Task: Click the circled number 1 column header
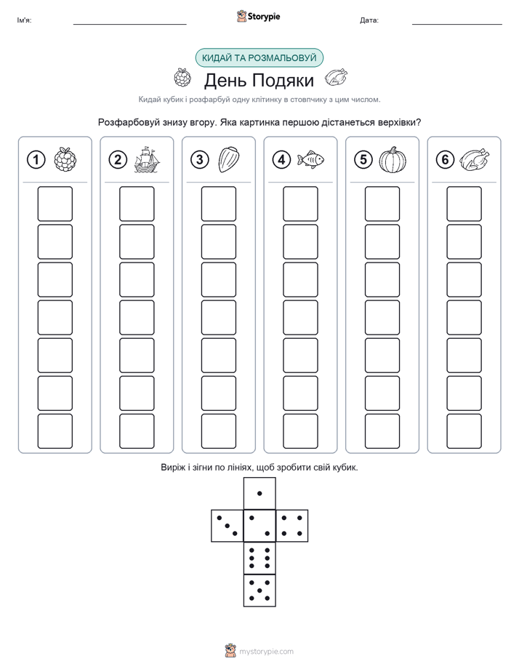coord(36,160)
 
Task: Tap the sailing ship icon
coord(146,159)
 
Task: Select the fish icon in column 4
coord(310,159)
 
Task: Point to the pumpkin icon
coord(393,160)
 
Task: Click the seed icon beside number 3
coord(229,160)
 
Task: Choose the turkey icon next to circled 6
coord(475,160)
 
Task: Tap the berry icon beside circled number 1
coord(65,160)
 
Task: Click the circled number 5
coord(363,160)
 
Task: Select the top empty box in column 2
coord(137,204)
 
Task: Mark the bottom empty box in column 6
coord(464,431)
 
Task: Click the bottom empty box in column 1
coord(55,431)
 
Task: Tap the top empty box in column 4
coord(301,204)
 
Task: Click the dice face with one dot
coord(259,493)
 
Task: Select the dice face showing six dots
coord(259,558)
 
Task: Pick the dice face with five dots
coord(259,590)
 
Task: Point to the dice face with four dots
coord(292,526)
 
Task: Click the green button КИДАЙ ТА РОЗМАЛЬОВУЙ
coord(259,58)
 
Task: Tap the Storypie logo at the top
coord(258,17)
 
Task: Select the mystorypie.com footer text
coord(266,652)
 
